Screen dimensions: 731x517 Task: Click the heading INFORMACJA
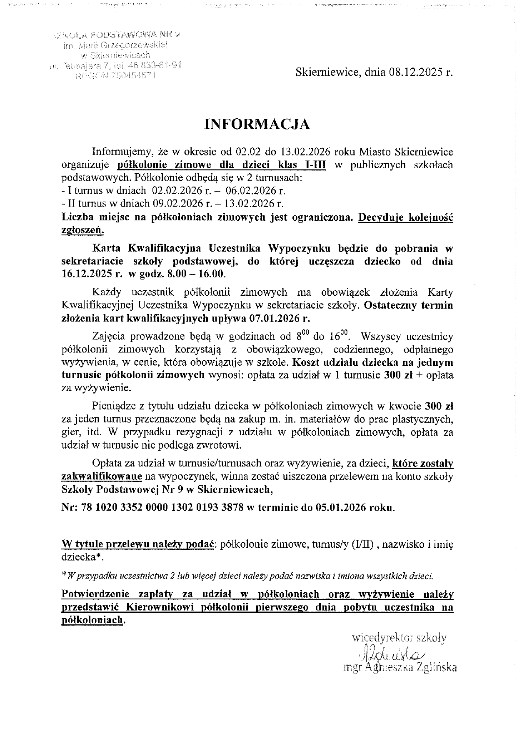click(257, 125)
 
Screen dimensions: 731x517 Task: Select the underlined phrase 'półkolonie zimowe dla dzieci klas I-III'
click(222, 165)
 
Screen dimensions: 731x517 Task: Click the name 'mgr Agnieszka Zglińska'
click(400, 668)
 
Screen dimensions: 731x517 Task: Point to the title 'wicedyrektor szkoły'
click(399, 637)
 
